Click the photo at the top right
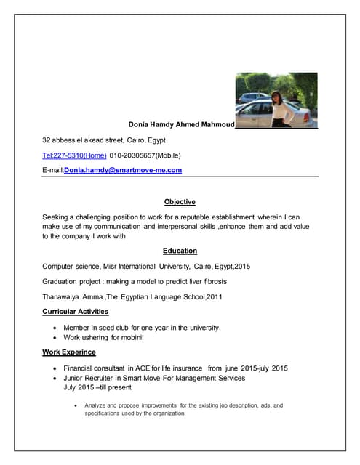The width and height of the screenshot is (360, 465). pos(276,100)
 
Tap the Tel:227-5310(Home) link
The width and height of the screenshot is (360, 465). pos(74,155)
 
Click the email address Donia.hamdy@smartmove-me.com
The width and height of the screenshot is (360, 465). pos(123,170)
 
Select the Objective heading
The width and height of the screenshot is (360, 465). pos(180,202)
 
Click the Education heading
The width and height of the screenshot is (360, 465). pos(180,251)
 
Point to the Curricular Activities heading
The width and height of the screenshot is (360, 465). pos(76,312)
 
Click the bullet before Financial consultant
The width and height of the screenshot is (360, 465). pos(55,368)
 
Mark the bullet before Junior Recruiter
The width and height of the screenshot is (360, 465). pos(55,379)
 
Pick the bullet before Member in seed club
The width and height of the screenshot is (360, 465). pos(55,328)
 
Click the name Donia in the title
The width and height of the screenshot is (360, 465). pos(140,124)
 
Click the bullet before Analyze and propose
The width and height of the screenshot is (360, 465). pos(76,405)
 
